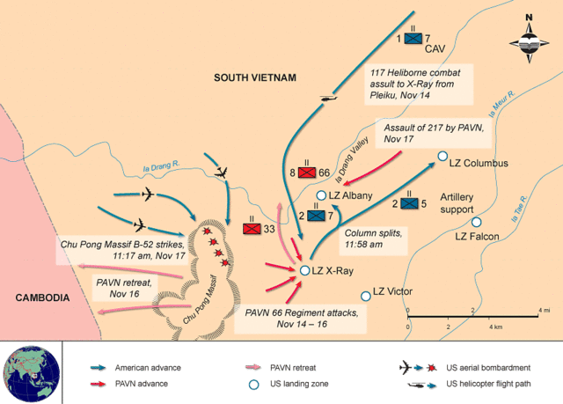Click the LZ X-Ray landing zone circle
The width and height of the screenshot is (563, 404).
(x=304, y=271)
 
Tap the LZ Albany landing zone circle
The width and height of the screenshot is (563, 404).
(x=321, y=195)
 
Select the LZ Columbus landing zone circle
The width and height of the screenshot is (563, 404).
(x=442, y=162)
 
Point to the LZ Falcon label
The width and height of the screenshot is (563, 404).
(x=477, y=236)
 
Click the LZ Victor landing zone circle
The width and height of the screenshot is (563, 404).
(x=365, y=297)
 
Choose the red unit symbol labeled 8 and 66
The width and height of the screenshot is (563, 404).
(x=306, y=173)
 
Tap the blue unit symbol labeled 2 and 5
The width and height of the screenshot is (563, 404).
(x=408, y=204)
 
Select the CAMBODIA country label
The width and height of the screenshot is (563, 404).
(x=42, y=298)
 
